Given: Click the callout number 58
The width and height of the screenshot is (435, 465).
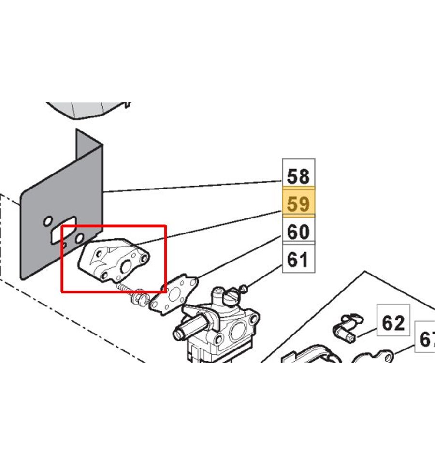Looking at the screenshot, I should [298, 175].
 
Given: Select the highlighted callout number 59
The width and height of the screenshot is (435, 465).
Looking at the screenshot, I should [298, 203].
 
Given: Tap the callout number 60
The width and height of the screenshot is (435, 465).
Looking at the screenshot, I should [298, 232].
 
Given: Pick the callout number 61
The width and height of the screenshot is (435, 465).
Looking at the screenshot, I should [298, 260].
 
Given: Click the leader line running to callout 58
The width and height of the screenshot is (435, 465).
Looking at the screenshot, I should [193, 187].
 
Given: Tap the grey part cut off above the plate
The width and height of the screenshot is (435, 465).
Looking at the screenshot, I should [89, 108].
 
